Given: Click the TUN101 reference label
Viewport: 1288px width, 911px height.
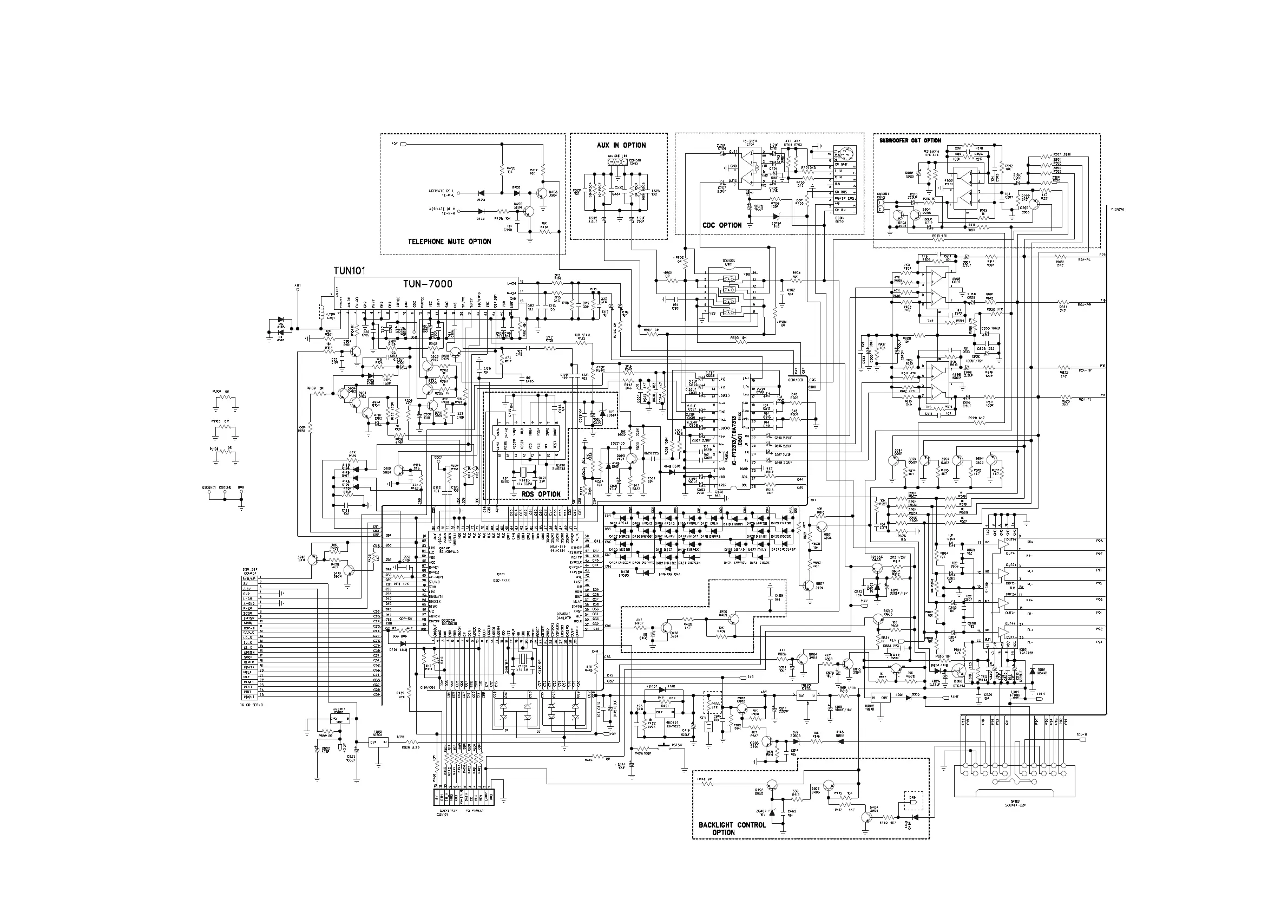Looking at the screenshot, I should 349,271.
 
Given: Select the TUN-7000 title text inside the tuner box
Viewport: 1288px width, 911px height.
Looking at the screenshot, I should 428,284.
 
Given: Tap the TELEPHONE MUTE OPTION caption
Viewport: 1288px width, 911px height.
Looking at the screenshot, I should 449,242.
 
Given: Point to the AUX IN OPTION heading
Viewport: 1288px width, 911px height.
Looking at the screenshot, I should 621,145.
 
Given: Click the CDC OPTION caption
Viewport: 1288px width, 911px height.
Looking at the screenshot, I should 722,225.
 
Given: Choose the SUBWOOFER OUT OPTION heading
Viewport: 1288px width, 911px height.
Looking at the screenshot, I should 910,140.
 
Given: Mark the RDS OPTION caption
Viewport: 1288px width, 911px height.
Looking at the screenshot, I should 541,494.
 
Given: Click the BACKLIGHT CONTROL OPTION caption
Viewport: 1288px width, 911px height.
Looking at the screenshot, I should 732,829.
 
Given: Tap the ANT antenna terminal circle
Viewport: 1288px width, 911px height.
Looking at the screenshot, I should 298,291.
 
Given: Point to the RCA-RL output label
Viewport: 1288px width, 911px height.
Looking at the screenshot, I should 1084,260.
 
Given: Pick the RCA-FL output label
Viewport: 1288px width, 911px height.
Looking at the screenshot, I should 1084,400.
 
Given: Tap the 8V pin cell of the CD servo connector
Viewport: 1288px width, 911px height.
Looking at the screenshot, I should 249,584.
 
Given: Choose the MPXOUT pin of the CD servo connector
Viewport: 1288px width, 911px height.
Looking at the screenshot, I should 249,697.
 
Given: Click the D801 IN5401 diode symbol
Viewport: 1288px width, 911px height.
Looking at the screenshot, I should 1031,671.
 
